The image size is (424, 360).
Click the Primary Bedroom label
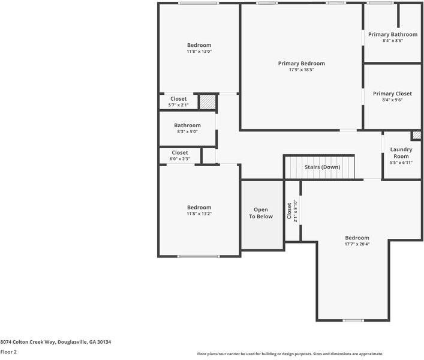301,64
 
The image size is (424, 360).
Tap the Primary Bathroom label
393,35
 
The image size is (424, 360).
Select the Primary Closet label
392,94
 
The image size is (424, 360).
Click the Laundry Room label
401,152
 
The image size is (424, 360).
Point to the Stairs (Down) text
322,167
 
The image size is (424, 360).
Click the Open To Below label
261,213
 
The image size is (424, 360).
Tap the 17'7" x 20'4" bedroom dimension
357,244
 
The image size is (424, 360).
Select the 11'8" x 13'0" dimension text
199,52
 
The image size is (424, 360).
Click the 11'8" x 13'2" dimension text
199,214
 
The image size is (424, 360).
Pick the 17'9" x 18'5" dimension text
301,70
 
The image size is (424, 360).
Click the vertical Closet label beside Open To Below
289,211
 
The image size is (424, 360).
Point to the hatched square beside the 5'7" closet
207,101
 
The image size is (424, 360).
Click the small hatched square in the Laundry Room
416,136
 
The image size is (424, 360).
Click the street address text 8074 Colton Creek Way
56,342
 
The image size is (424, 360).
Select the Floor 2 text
8,352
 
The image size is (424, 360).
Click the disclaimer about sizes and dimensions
290,354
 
